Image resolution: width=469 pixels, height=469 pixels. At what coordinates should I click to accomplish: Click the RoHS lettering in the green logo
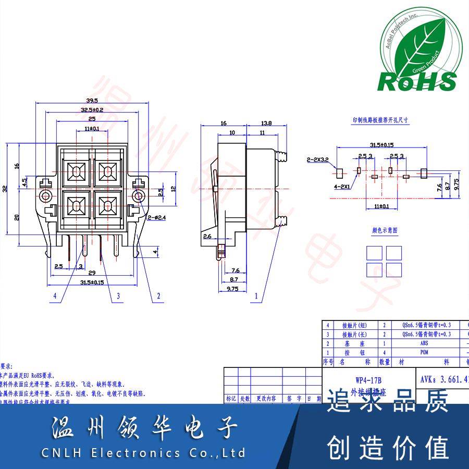pos(417,82)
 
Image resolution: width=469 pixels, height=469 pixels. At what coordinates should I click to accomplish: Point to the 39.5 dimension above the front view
pos(92,101)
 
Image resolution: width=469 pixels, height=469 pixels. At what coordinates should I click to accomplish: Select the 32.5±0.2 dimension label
pos(92,110)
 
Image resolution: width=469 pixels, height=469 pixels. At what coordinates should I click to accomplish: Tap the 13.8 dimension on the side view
pos(266,124)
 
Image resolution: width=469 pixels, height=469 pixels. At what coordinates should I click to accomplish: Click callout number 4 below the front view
pos(54,296)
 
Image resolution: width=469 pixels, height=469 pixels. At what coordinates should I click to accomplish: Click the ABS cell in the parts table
pos(423,343)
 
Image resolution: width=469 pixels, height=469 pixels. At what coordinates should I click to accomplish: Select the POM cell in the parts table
pos(423,352)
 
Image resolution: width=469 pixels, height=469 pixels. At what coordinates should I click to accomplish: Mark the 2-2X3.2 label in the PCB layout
pos(317,159)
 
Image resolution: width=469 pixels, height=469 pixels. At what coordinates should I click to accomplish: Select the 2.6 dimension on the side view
pos(207,237)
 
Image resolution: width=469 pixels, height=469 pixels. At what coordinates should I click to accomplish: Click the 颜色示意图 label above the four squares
pos(384,230)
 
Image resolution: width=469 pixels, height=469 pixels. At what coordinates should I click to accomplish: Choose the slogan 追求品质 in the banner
pos(388,403)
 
